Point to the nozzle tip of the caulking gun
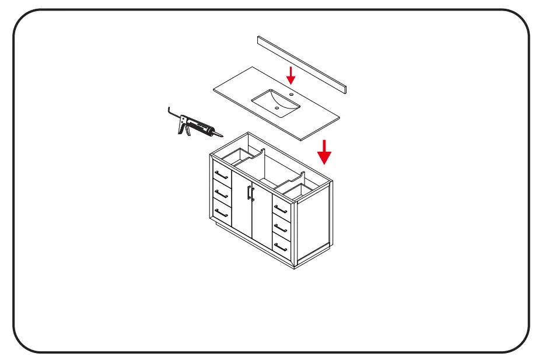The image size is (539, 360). coord(222,135)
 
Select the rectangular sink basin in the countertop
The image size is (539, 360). coord(276,102)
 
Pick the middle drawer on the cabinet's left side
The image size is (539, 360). coord(221,193)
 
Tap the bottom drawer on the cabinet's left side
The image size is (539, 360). coord(221,211)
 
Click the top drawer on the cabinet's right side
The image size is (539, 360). coord(281,208)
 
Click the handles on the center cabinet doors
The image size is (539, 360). coord(250,192)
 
